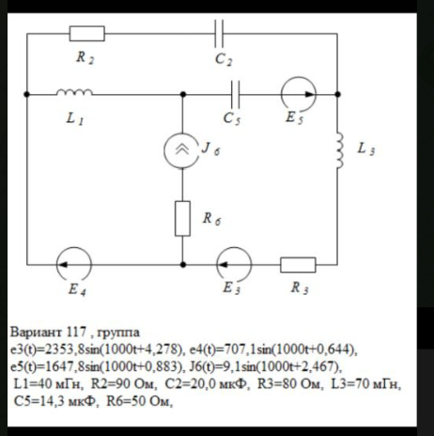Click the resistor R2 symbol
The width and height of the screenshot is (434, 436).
[87, 34]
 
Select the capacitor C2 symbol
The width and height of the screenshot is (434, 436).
[219, 34]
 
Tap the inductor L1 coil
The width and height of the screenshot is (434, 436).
[74, 92]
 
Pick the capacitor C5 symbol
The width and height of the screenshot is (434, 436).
[235, 94]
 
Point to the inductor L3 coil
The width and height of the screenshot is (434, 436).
[339, 150]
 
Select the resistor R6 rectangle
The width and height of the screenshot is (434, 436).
[182, 218]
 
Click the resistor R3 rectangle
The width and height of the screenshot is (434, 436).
[298, 265]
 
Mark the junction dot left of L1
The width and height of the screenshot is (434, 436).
[27, 94]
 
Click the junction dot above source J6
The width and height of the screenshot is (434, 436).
[183, 94]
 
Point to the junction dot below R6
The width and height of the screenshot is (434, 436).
[183, 265]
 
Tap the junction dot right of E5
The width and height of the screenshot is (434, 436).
[337, 94]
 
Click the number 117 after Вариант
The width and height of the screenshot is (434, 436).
[76, 332]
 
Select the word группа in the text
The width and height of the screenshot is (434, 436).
[118, 333]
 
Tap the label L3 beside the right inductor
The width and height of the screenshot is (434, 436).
[366, 148]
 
